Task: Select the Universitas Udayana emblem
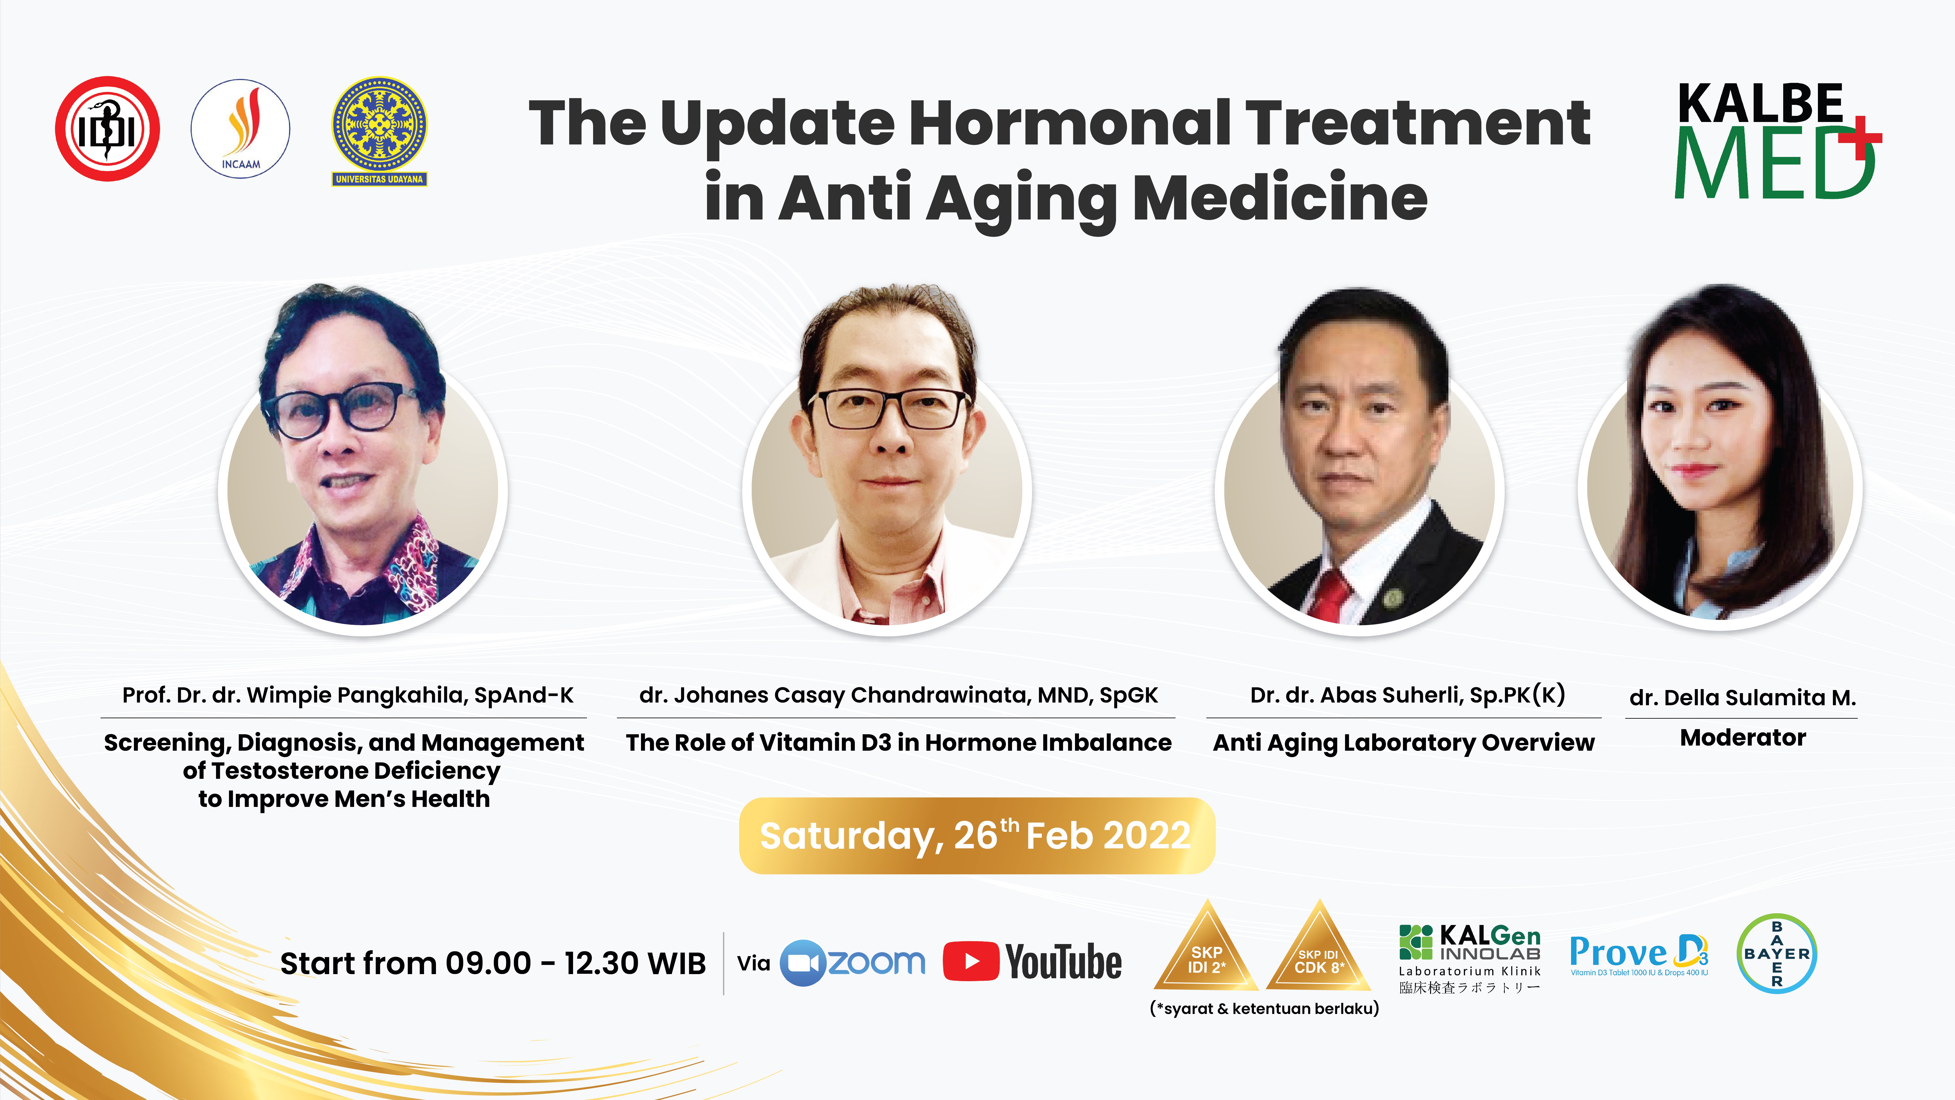click(x=380, y=131)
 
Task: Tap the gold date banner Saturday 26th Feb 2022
click(x=977, y=835)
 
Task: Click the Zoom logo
click(x=852, y=963)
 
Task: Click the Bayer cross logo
click(x=1777, y=954)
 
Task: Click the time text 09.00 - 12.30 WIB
click(x=575, y=963)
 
